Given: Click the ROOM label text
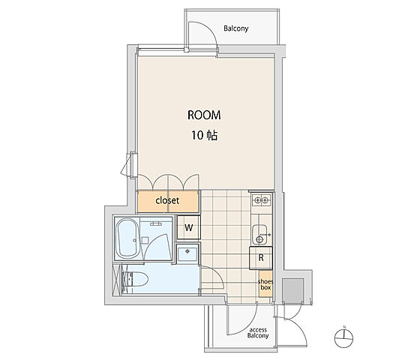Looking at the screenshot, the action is (204, 115).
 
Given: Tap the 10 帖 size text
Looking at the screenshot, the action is (205, 135).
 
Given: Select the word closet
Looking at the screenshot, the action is (167, 200).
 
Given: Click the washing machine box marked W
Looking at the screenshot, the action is (189, 227).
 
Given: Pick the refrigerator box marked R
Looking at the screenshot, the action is (261, 258).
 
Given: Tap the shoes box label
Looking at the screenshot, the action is (265, 284).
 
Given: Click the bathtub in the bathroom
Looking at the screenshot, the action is (128, 238).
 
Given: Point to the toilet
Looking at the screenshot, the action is (135, 279).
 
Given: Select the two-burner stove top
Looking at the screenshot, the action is (261, 200).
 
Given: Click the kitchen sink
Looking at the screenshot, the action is (259, 234).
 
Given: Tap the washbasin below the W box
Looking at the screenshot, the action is (187, 254).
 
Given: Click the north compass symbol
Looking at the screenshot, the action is (343, 337).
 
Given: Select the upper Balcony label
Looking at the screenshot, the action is (236, 28).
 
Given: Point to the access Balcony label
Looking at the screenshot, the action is (258, 333).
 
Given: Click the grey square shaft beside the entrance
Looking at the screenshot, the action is (293, 290).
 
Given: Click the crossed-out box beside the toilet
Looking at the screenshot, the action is (117, 280).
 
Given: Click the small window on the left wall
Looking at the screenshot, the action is (130, 164).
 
